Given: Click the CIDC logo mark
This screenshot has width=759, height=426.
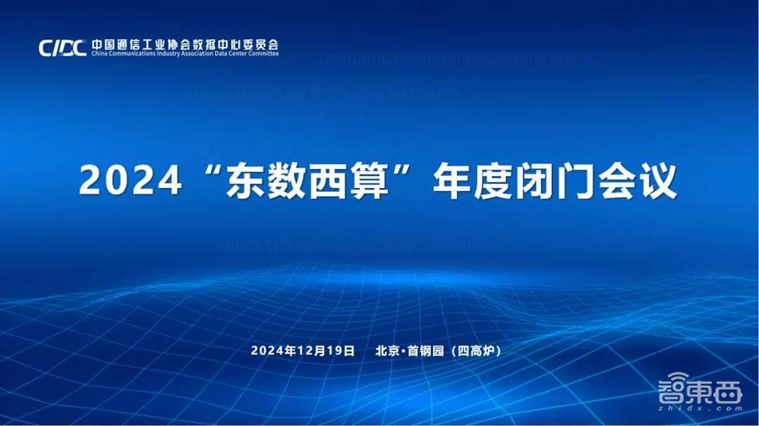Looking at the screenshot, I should (x=63, y=48).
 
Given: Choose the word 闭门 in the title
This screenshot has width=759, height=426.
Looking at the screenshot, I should (x=556, y=182).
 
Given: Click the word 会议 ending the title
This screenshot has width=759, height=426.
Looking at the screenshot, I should (x=639, y=182).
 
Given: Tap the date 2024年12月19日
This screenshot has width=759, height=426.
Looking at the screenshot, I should (x=303, y=350).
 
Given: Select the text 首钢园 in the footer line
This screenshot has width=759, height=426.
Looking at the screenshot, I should (x=427, y=350).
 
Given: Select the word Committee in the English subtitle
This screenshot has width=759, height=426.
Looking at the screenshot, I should (x=262, y=54).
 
